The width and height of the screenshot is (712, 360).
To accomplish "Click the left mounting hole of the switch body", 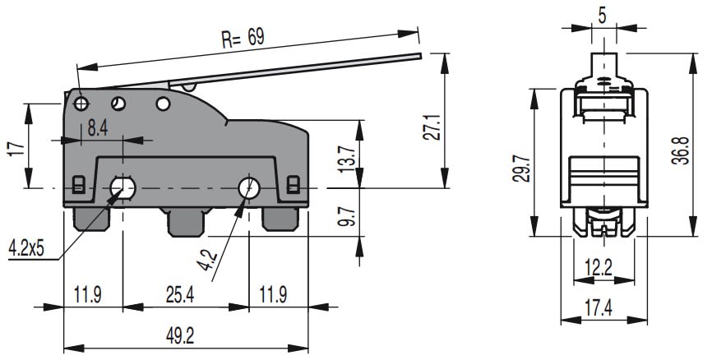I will coord(124,188).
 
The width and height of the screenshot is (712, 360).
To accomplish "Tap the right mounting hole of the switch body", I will coord(248,188).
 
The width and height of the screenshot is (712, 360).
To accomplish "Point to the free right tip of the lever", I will coord(418,57).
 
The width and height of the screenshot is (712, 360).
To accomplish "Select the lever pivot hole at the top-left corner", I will coord(81,104).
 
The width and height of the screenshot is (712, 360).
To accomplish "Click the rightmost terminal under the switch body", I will coord(280,219).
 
